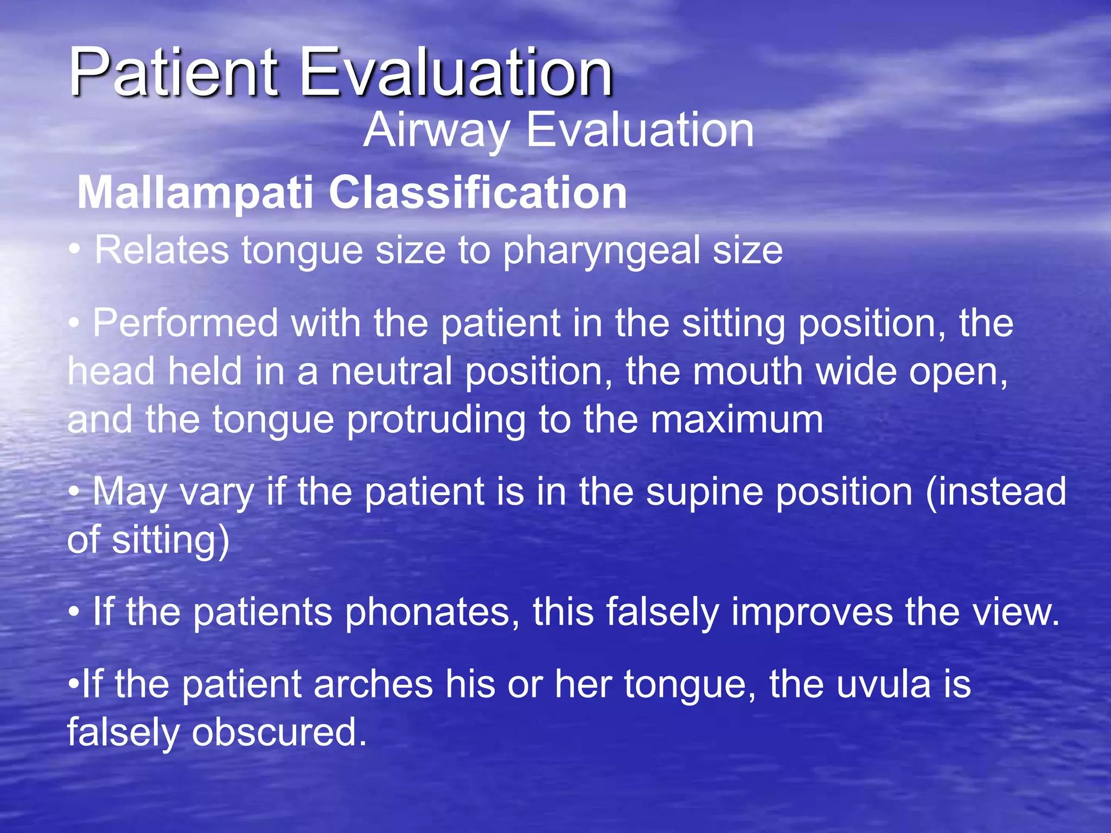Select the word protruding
pyautogui.click(x=436, y=420)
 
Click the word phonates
pyautogui.click(x=432, y=612)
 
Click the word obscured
pyautogui.click(x=279, y=733)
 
